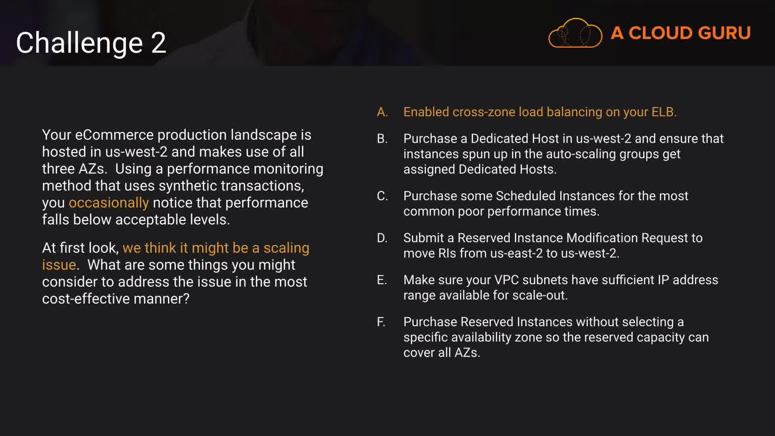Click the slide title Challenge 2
point(91,43)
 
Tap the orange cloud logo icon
point(575,33)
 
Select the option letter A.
point(382,112)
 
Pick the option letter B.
point(382,138)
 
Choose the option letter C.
point(382,196)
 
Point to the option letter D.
point(382,238)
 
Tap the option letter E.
point(381,280)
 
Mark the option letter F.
point(381,322)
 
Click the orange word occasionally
point(109,203)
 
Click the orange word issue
point(59,265)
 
